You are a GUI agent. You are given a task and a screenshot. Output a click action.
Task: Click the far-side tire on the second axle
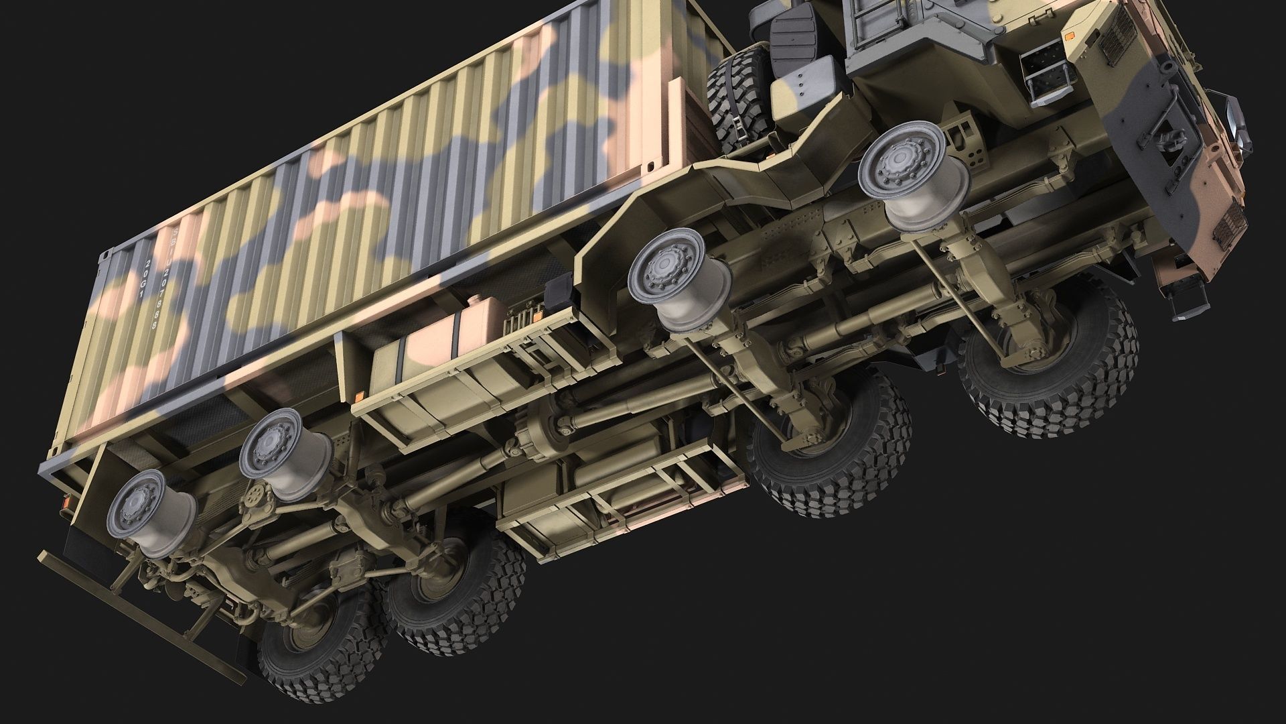click(831, 442)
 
